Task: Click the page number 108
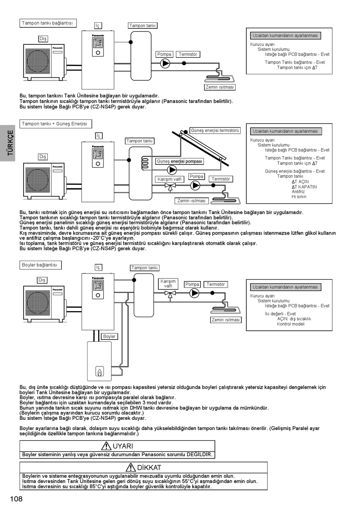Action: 16,499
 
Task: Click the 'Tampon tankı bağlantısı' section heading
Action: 47,23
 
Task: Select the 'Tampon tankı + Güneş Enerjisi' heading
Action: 55,124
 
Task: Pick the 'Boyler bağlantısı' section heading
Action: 40,265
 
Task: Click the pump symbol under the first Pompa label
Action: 165,63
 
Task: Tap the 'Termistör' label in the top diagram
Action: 188,54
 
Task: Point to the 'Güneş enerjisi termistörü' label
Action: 215,131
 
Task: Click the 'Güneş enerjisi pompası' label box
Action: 180,161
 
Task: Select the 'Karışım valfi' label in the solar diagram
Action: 170,179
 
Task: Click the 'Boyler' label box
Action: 110,336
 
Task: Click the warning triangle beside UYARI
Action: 106,446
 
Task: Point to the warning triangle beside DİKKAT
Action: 130,467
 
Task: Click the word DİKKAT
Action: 149,468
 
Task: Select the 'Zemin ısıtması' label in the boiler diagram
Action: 226,320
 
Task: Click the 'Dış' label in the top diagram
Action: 43,39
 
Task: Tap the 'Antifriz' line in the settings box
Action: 298,192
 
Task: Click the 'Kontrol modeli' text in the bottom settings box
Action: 291,324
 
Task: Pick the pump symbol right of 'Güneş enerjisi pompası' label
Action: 172,170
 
